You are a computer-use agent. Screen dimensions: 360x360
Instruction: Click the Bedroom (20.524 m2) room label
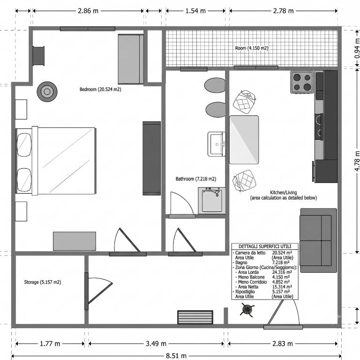click(100, 90)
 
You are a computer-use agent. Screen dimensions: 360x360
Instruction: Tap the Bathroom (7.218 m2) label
click(196, 179)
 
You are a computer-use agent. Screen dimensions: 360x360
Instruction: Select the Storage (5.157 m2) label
click(43, 282)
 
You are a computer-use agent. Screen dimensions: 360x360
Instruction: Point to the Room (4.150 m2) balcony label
click(252, 48)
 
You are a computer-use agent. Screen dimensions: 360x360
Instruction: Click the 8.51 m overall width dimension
click(176, 356)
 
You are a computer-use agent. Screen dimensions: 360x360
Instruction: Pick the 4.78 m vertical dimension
click(357, 161)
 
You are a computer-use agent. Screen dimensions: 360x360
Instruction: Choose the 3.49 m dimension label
click(156, 344)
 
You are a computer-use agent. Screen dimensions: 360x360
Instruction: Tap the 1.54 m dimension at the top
click(195, 11)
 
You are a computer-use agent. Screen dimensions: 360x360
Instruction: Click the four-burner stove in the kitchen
click(302, 82)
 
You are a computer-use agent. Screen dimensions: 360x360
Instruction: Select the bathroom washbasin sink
click(217, 144)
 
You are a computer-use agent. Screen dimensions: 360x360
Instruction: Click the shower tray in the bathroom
click(212, 201)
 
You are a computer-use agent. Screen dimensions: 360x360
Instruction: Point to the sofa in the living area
click(318, 240)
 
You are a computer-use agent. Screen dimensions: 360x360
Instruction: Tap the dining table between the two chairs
click(244, 140)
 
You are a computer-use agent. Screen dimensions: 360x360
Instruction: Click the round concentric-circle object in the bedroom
click(47, 91)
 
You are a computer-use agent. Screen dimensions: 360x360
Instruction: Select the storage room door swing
click(99, 291)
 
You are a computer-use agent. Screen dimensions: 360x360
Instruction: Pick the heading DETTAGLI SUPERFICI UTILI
click(265, 247)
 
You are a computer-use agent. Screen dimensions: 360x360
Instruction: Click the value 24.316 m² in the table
click(282, 272)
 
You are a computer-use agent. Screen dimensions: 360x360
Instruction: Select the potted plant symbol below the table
click(247, 310)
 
